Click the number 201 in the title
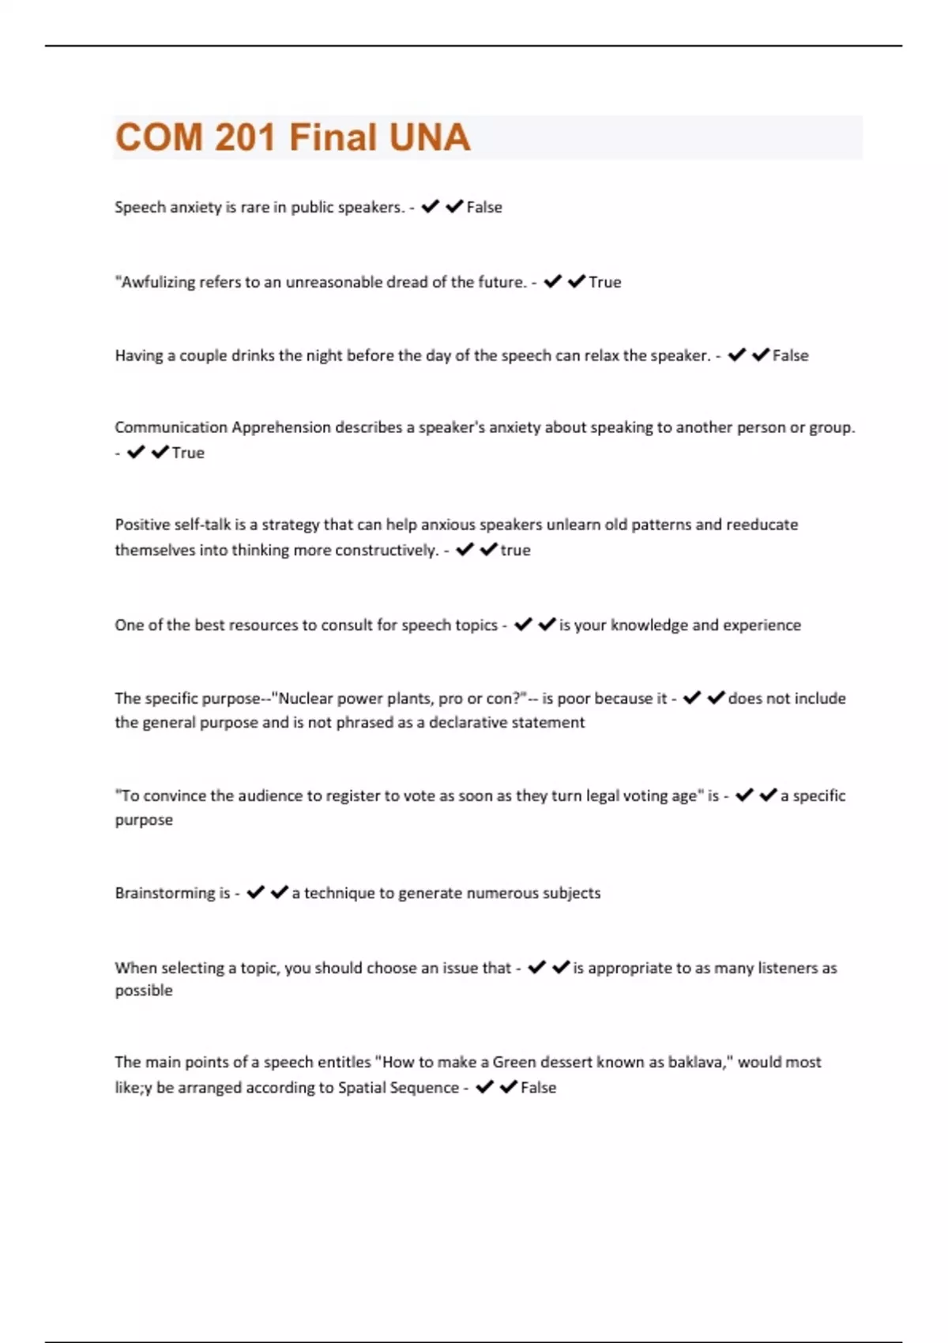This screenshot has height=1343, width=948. pos(244,137)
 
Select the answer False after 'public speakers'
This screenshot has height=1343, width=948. pos(484,207)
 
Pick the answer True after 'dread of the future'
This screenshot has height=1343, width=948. pos(605,282)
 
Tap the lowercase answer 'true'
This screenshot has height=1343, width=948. pos(515,550)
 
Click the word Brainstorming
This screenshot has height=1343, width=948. pos(165,893)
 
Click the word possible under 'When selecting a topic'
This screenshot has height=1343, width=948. pos(144,991)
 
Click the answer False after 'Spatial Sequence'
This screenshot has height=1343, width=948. pos(538,1088)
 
